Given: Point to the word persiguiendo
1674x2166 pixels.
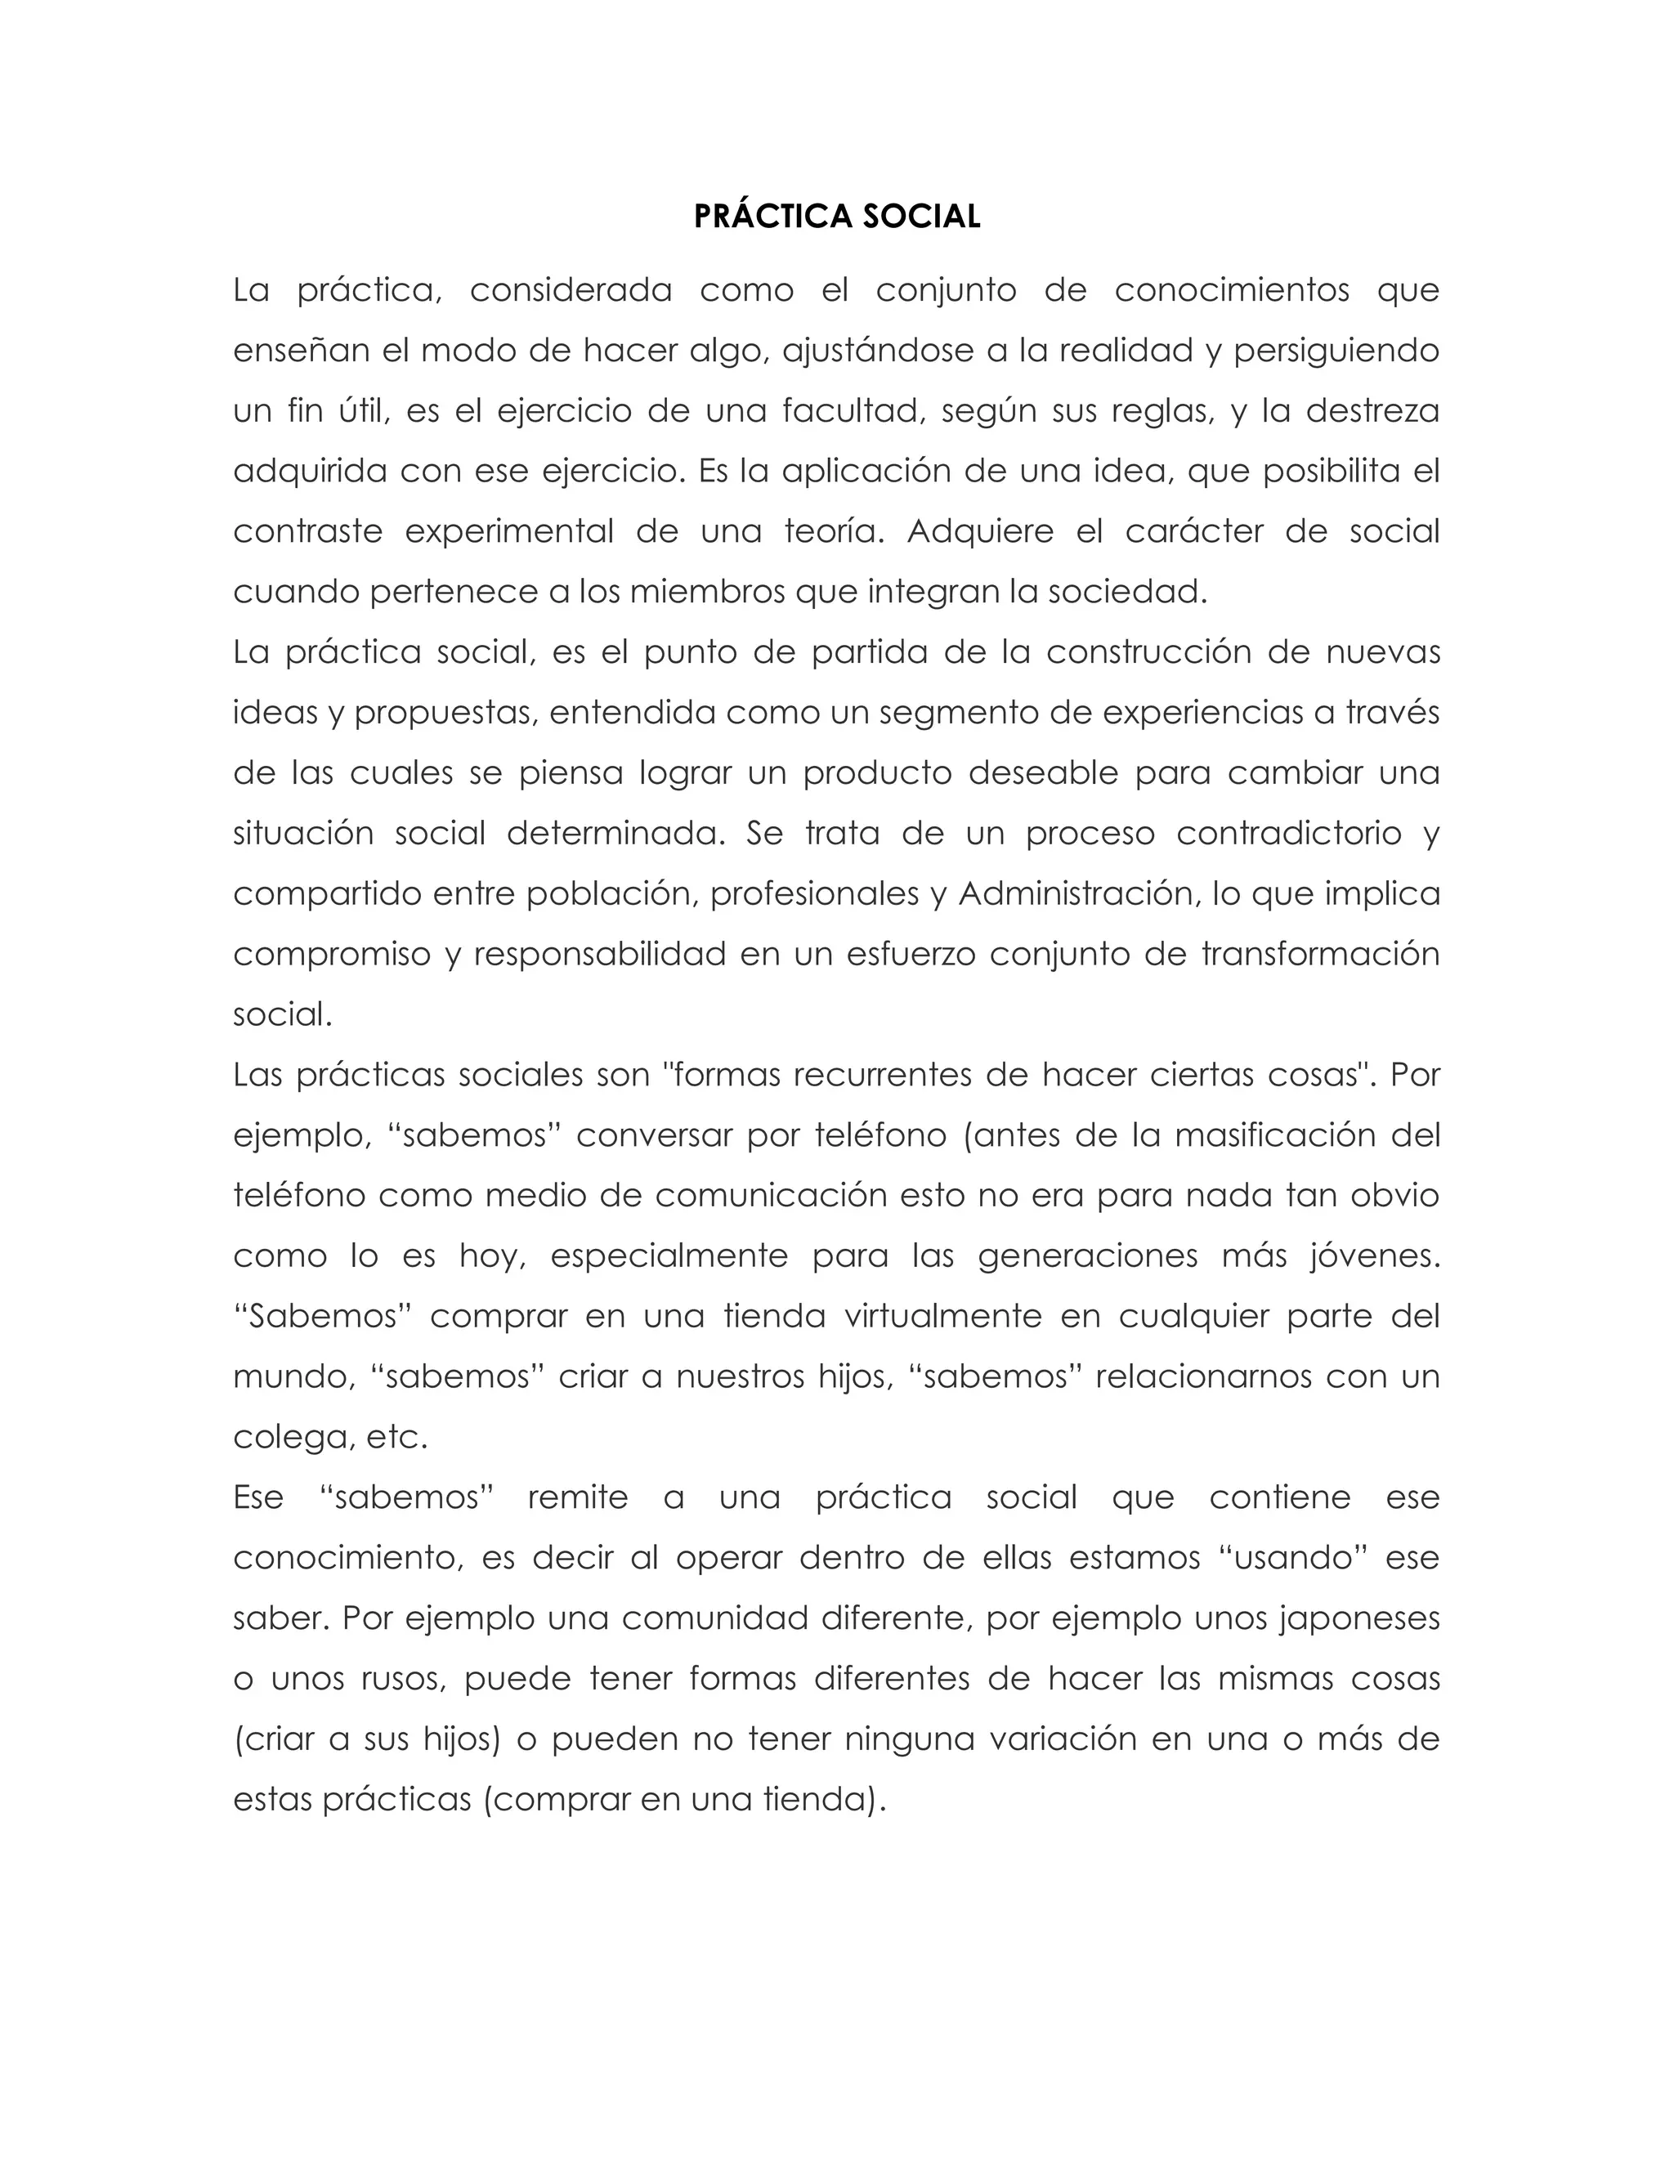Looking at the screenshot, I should (x=1336, y=351).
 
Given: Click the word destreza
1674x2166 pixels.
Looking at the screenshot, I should (x=1372, y=410).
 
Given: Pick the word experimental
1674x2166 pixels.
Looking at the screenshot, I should (x=510, y=531).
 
